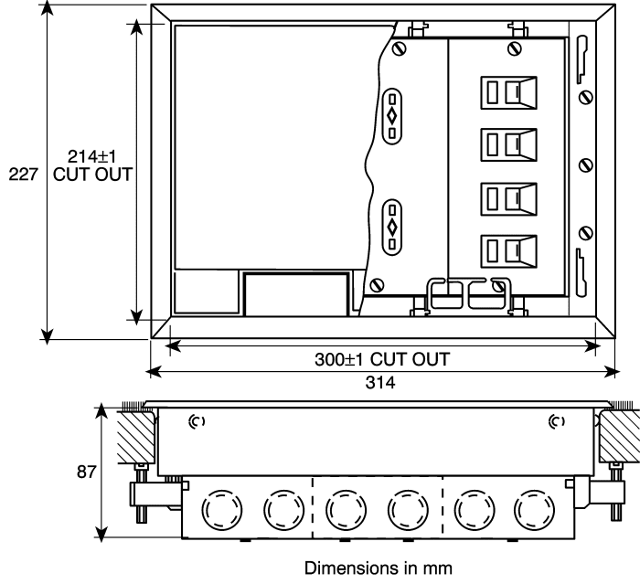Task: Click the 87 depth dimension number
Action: click(x=86, y=473)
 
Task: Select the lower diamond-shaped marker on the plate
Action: click(x=392, y=225)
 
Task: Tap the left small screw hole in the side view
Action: click(x=193, y=421)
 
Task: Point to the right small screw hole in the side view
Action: click(x=555, y=421)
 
